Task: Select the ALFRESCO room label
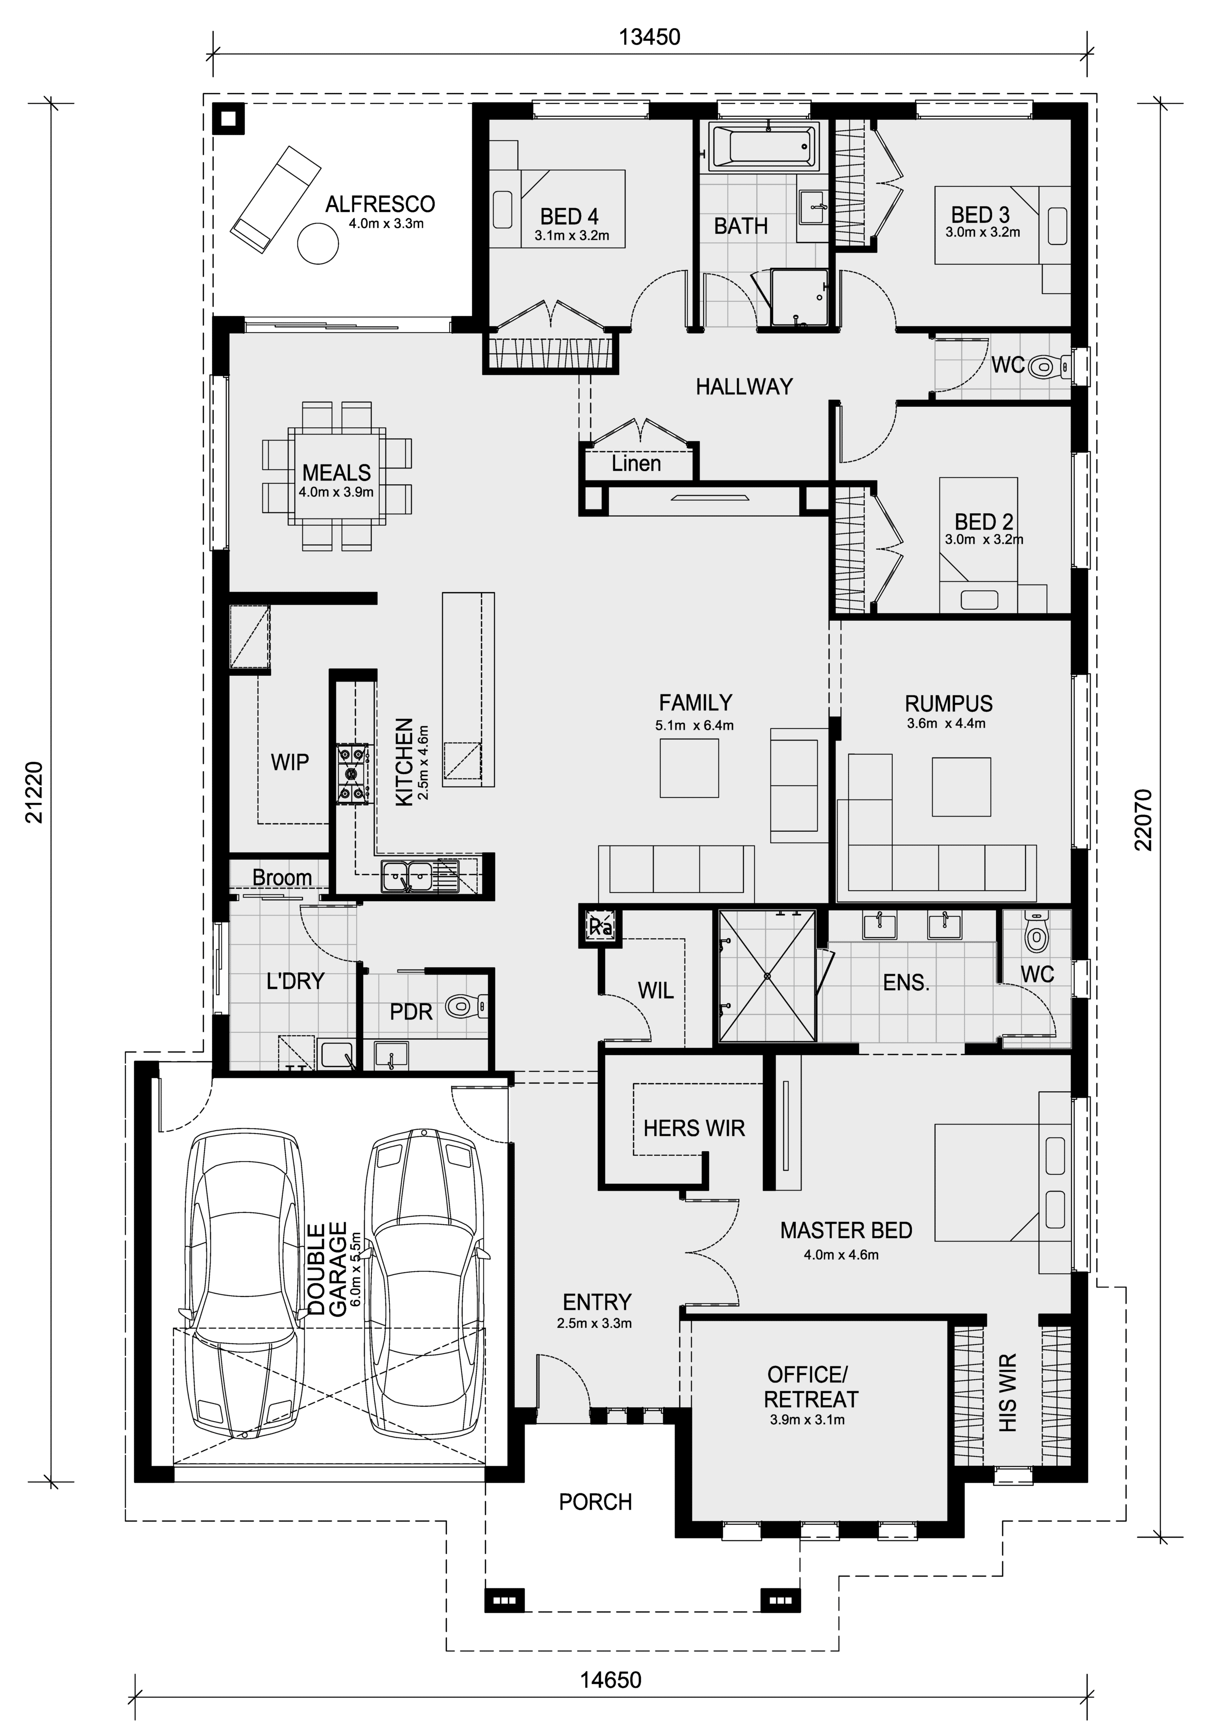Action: click(380, 204)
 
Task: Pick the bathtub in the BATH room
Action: click(763, 147)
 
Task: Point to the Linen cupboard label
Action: click(636, 463)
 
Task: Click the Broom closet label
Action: click(282, 878)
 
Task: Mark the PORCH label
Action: click(595, 1502)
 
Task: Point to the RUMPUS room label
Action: click(949, 704)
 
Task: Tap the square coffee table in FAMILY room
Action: click(689, 768)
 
